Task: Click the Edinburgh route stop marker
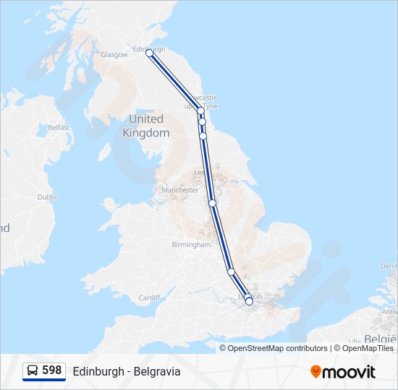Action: click(x=149, y=53)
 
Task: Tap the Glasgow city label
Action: click(x=114, y=55)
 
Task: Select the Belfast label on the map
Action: click(x=59, y=128)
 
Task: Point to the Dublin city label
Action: click(x=48, y=197)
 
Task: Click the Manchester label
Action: click(x=180, y=190)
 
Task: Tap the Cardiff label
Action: click(x=149, y=298)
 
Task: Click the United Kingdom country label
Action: click(x=146, y=126)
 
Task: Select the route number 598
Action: click(x=51, y=370)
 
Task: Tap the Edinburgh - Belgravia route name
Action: click(x=127, y=371)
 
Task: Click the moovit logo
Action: click(x=343, y=372)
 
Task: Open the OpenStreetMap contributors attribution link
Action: click(x=277, y=348)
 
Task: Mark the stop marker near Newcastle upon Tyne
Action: click(x=200, y=111)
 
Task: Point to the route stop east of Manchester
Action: click(x=213, y=203)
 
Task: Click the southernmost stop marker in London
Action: click(x=249, y=302)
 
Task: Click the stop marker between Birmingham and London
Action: click(x=231, y=272)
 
